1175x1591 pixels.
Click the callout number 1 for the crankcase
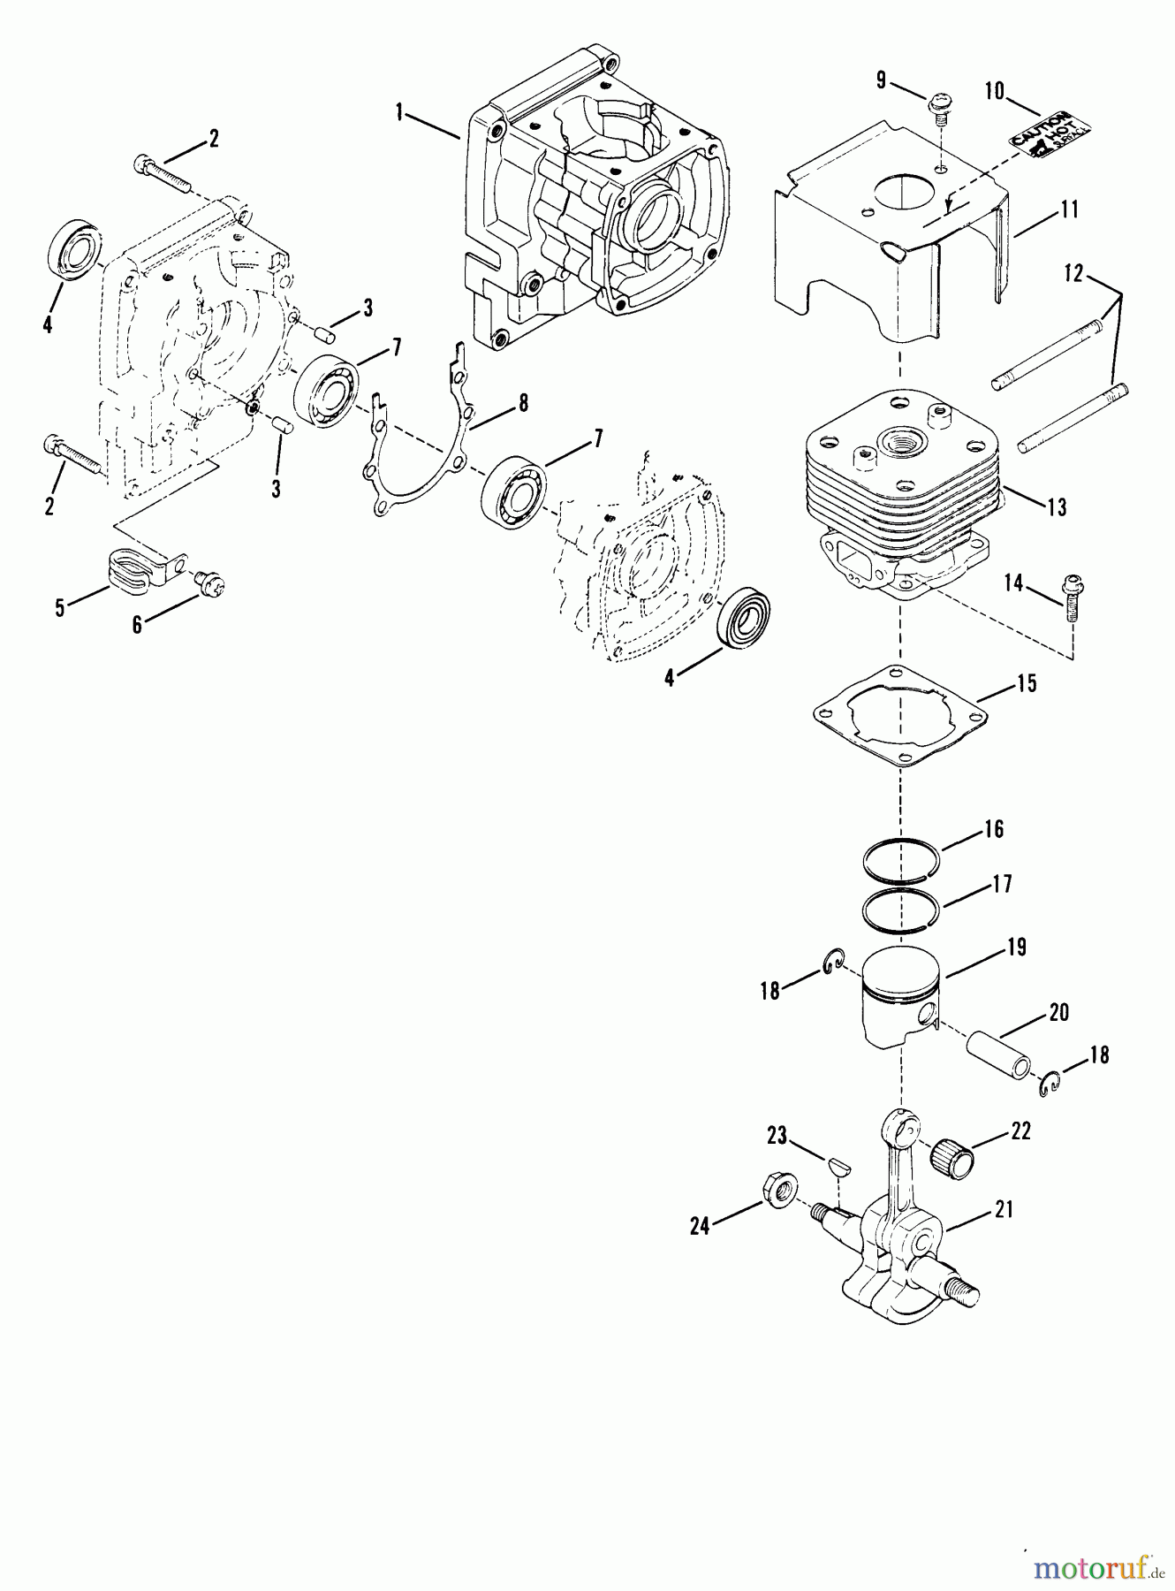pyautogui.click(x=399, y=112)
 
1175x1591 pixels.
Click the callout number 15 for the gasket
pyautogui.click(x=1027, y=683)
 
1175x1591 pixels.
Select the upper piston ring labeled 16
pyautogui.click(x=901, y=859)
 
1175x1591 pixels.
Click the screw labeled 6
pyautogui.click(x=210, y=582)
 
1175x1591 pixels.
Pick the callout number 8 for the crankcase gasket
pyautogui.click(x=523, y=404)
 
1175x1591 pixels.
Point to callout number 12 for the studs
pyautogui.click(x=1073, y=275)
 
